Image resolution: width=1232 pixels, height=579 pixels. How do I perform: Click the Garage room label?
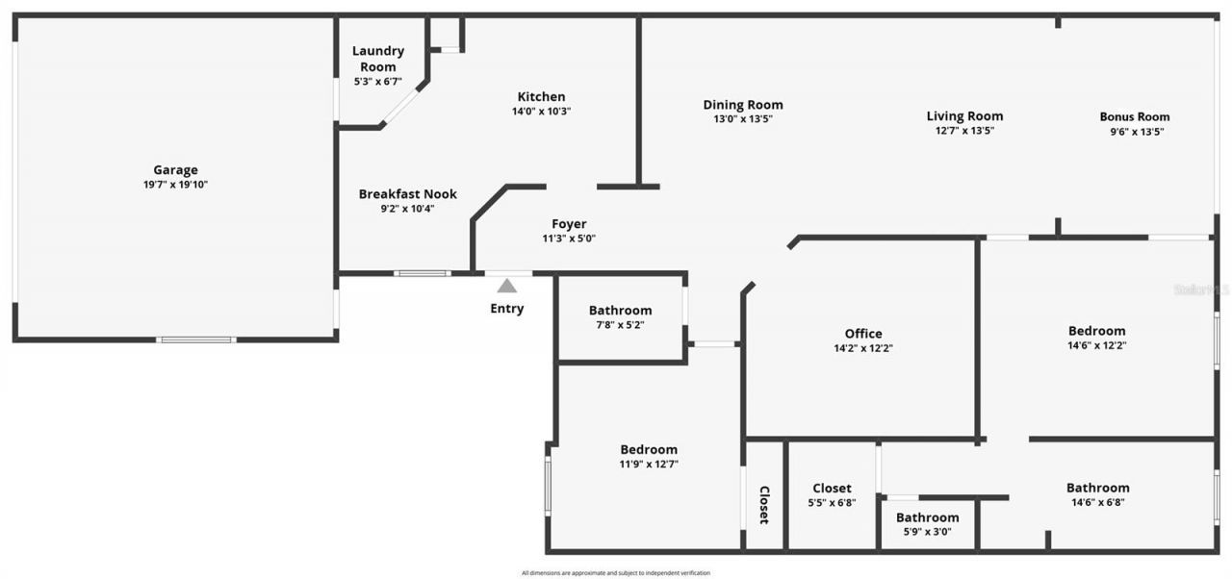tap(175, 170)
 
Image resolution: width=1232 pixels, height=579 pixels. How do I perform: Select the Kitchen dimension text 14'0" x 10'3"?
tap(541, 112)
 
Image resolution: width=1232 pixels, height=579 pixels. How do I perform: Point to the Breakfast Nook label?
tap(407, 194)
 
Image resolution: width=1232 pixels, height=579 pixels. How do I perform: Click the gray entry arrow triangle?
tap(507, 286)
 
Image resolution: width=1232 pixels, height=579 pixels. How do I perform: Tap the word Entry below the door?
tap(507, 309)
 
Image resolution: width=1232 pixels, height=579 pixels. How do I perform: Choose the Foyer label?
tap(569, 224)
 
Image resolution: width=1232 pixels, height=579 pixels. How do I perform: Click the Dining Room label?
tap(742, 105)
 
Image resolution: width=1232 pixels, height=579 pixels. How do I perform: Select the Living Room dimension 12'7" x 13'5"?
tap(964, 131)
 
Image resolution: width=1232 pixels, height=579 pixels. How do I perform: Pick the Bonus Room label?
tap(1135, 116)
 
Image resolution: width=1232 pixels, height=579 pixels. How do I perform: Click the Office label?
tap(862, 334)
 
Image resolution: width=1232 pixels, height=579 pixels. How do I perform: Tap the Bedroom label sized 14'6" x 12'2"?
tap(1096, 331)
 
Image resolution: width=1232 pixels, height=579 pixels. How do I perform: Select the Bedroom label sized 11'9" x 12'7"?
tap(648, 449)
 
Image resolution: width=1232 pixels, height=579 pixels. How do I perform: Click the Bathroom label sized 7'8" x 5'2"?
tap(620, 310)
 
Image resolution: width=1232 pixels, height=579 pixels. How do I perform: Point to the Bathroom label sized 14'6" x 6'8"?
tap(1097, 488)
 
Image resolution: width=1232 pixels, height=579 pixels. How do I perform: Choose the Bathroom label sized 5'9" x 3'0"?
tap(927, 517)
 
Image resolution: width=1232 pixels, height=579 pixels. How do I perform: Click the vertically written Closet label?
tap(764, 504)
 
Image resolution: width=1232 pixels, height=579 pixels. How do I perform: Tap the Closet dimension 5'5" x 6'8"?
tap(832, 502)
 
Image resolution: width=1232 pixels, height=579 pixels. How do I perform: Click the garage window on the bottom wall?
tap(196, 340)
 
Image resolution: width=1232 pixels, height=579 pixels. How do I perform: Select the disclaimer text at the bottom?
tap(616, 573)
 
